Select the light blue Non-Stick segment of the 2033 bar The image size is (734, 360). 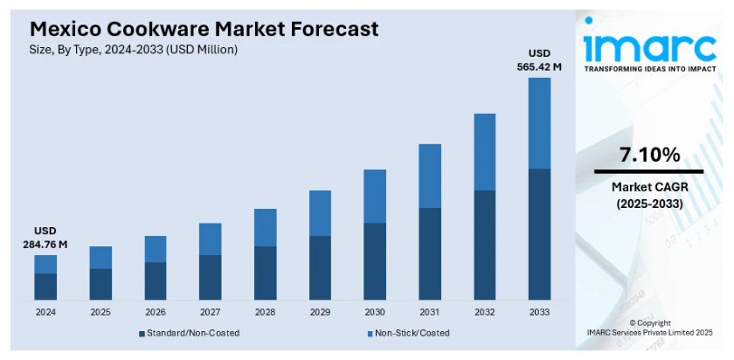(x=539, y=122)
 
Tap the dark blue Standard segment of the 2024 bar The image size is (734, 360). (x=45, y=287)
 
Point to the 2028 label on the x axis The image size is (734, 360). (x=265, y=312)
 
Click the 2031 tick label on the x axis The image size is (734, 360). (x=429, y=312)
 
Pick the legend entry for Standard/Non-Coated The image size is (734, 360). (x=189, y=333)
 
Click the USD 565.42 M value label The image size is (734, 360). (x=539, y=59)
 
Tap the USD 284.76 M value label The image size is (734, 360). (x=45, y=238)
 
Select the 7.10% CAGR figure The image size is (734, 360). (x=648, y=156)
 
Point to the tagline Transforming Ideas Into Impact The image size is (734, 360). (x=648, y=68)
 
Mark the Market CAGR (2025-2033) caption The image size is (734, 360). (x=648, y=195)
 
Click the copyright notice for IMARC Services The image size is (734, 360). (x=650, y=328)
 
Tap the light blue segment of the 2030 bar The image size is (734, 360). (x=375, y=196)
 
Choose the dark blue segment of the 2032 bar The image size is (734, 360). (x=484, y=245)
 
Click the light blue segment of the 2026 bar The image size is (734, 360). (x=156, y=249)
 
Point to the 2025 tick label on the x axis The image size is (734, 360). (x=100, y=312)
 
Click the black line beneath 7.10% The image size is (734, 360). (x=648, y=171)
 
